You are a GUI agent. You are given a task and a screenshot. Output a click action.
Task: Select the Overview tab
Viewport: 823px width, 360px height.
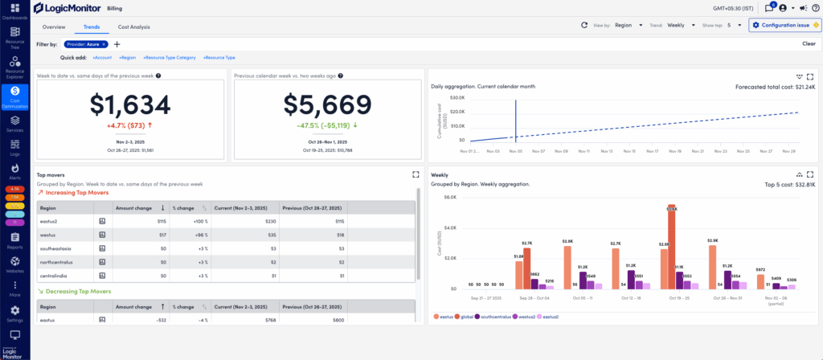tap(54, 27)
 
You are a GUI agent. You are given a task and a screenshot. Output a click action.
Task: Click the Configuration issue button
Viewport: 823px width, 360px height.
tap(784, 25)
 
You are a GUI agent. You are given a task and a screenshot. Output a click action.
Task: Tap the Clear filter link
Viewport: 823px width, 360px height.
tap(809, 44)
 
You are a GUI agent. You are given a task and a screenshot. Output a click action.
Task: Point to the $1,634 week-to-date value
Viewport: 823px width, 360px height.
tap(130, 105)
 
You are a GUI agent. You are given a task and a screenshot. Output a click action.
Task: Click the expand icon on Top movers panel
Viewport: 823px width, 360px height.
tap(415, 174)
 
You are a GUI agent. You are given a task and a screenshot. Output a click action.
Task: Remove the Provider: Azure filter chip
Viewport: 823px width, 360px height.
tap(104, 44)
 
